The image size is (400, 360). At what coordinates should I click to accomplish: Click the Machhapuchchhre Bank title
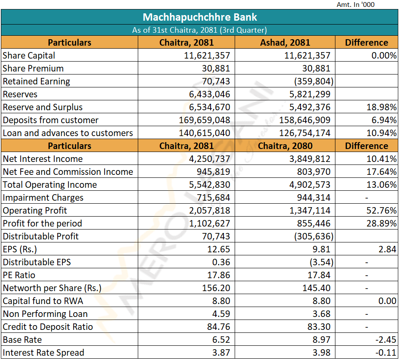pos(200,17)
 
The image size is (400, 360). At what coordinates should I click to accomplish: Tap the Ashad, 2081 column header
pos(285,43)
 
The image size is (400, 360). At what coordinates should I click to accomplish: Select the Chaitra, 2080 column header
pos(285,146)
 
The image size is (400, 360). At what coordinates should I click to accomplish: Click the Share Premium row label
pos(33,68)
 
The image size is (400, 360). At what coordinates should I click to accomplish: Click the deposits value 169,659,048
pos(205,120)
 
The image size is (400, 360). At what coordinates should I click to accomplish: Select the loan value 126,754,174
pos(305,133)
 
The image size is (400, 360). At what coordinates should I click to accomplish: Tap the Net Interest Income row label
pos(43,159)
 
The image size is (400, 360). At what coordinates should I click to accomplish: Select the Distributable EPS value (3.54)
pos(319,262)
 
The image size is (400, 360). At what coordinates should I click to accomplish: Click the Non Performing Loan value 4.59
pos(221,314)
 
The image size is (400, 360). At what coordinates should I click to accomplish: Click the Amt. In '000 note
pos(356,5)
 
